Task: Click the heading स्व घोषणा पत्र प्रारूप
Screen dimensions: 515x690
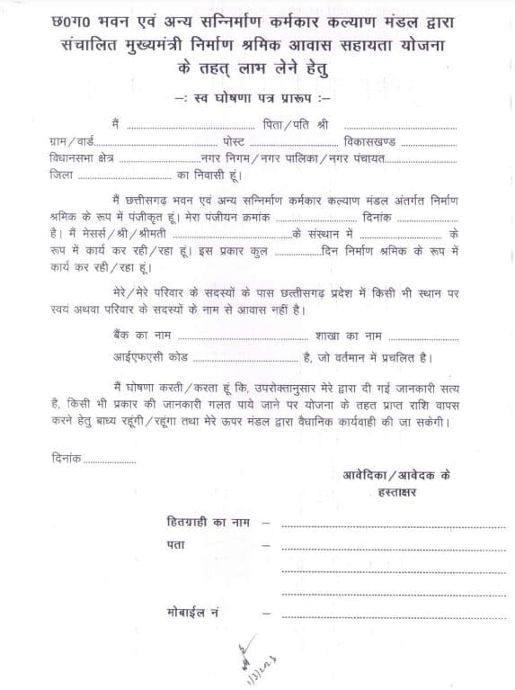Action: [x=257, y=95]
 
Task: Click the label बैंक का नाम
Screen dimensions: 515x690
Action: [x=134, y=334]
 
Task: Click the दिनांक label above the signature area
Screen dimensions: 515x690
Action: [x=66, y=459]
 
